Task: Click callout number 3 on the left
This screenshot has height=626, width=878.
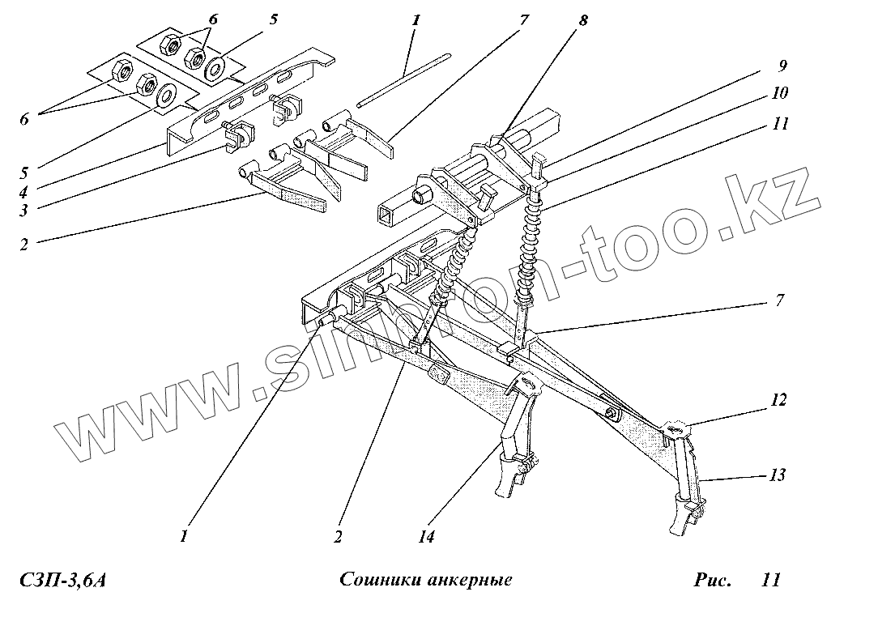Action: pyautogui.click(x=25, y=210)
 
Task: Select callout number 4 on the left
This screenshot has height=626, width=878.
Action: pyautogui.click(x=25, y=192)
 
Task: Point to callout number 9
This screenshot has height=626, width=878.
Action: pyautogui.click(x=783, y=65)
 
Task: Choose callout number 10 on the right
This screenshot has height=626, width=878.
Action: pyautogui.click(x=780, y=93)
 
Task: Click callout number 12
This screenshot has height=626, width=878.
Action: pyautogui.click(x=779, y=399)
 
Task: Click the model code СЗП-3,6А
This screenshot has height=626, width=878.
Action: pyautogui.click(x=63, y=581)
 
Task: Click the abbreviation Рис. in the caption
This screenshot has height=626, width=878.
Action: pyautogui.click(x=712, y=581)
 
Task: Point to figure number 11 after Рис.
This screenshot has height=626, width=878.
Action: pyautogui.click(x=770, y=581)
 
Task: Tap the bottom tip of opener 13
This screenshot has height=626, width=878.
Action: pyautogui.click(x=676, y=530)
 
